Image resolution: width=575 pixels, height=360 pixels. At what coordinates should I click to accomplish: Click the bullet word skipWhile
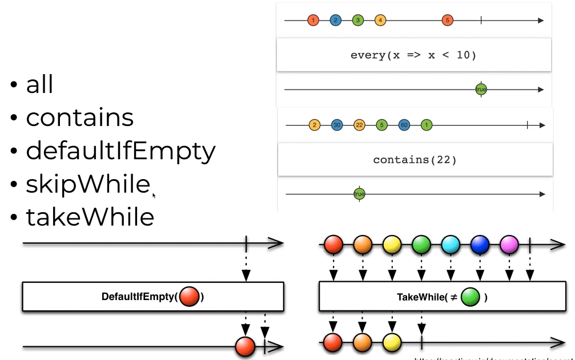(x=87, y=184)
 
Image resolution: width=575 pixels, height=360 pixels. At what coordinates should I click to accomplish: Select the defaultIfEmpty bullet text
(x=120, y=151)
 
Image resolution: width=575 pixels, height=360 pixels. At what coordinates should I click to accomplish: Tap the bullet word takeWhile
(x=90, y=217)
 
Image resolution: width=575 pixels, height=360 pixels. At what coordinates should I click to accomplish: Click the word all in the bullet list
(x=39, y=85)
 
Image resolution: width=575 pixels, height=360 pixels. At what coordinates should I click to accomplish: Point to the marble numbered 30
(x=337, y=125)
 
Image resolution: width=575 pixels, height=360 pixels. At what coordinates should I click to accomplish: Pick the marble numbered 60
(x=404, y=125)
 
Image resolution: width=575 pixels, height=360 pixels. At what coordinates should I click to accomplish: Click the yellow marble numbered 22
(x=359, y=125)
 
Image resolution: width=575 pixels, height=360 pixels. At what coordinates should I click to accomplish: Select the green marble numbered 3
(x=358, y=21)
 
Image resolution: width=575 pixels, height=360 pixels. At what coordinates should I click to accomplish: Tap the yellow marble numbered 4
(x=380, y=21)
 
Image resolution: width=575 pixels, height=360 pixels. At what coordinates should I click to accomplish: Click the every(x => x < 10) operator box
(x=413, y=55)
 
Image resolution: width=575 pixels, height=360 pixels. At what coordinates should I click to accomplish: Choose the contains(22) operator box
(x=415, y=160)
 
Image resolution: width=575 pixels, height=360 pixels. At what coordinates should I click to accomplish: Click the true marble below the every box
(x=481, y=90)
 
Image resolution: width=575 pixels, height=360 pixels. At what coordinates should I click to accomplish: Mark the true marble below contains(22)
(x=359, y=195)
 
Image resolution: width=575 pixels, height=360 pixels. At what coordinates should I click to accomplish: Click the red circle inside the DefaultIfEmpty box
(x=189, y=297)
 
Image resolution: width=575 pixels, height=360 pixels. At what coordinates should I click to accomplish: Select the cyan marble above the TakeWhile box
(x=450, y=245)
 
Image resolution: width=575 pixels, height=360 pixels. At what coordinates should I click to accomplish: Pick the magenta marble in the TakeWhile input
(x=508, y=245)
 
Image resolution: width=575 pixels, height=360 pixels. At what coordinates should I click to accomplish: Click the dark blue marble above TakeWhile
(x=479, y=245)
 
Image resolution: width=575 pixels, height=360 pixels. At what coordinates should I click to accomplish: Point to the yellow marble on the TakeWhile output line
(x=392, y=342)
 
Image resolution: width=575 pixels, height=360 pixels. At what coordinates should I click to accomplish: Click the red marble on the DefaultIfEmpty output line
(x=245, y=346)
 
